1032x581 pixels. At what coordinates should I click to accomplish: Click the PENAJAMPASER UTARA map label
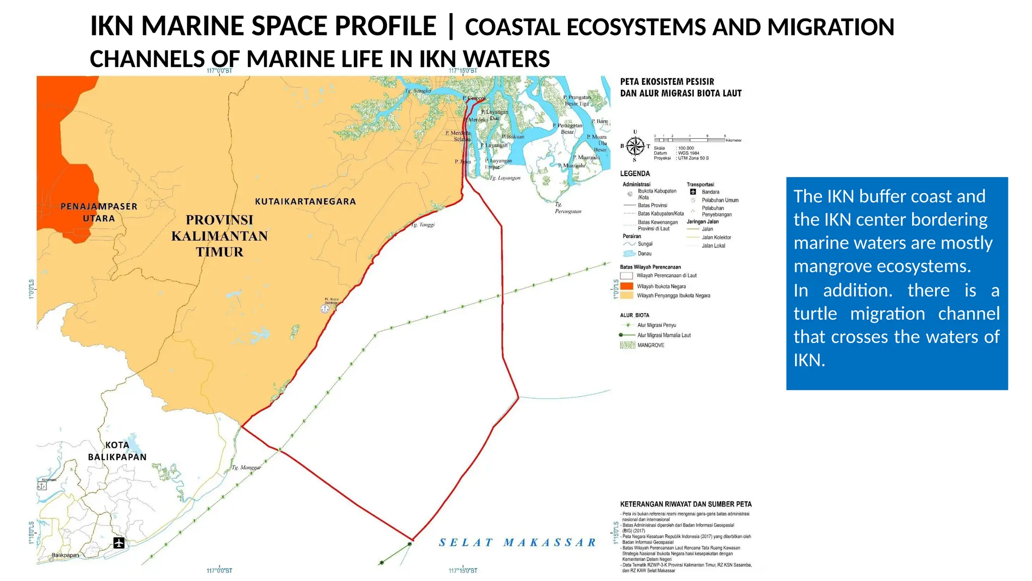(99, 212)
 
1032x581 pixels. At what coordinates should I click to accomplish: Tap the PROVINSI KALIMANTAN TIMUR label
(220, 236)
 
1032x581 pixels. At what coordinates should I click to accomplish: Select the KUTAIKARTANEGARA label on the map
(305, 201)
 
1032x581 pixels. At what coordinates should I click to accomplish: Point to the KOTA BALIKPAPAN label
(117, 451)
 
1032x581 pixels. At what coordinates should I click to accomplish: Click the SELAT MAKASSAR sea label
(518, 543)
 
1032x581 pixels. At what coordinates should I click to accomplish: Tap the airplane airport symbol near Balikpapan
(119, 543)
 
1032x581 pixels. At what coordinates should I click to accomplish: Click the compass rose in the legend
(635, 146)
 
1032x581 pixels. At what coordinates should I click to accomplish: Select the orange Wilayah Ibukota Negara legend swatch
(626, 286)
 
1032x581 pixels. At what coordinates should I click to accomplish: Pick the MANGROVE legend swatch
(627, 345)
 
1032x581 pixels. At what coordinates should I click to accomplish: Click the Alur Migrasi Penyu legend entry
(656, 325)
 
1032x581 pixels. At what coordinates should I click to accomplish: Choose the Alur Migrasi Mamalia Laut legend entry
(664, 335)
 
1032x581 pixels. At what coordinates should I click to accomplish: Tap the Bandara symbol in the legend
(693, 192)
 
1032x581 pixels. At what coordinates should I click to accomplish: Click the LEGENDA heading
(635, 173)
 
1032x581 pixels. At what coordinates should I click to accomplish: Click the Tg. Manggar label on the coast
(246, 468)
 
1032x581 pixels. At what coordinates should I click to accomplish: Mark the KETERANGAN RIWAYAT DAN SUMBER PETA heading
(686, 504)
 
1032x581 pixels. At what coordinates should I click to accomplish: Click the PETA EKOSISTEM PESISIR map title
(667, 82)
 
